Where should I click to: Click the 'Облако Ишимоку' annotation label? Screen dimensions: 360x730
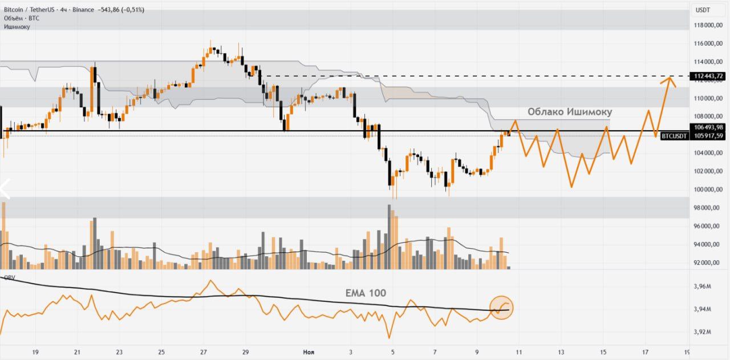click(x=569, y=112)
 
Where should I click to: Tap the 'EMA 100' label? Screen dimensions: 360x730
click(x=366, y=293)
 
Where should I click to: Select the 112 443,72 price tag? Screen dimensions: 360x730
click(x=708, y=76)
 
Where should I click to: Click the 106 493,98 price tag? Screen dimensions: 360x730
click(x=708, y=127)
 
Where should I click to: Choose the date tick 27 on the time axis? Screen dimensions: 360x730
click(x=203, y=352)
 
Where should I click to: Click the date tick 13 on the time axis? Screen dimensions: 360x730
click(x=561, y=352)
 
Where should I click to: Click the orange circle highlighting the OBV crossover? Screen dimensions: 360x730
click(x=502, y=308)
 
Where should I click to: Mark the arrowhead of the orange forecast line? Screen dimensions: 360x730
click(x=669, y=77)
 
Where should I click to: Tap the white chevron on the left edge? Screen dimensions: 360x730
click(x=5, y=189)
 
